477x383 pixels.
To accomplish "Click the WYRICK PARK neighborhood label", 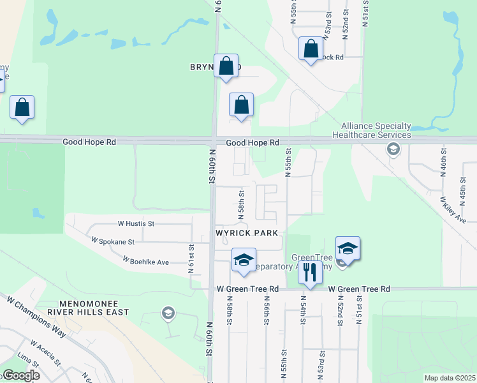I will [x=246, y=233].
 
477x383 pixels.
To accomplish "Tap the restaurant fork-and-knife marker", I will [x=310, y=272].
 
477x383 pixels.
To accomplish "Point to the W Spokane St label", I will [x=113, y=242].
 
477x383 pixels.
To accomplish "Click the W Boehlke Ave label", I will [x=146, y=261].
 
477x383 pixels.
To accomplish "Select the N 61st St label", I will [x=191, y=259].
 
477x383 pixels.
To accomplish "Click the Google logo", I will [x=20, y=375].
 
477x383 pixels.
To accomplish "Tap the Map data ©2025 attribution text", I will [x=450, y=378].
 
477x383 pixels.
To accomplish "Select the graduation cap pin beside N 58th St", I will [x=243, y=260].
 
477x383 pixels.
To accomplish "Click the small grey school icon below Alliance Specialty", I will [x=393, y=150].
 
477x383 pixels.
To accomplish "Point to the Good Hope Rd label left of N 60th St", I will [x=89, y=142].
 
